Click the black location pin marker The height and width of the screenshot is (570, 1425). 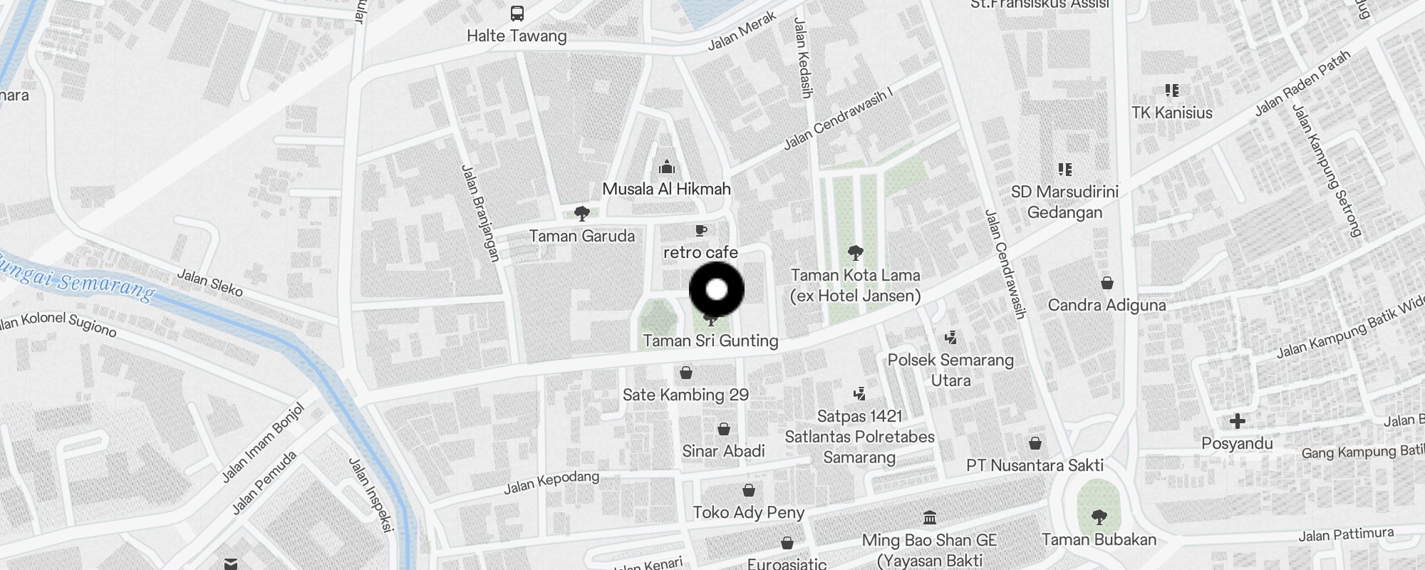coord(717,290)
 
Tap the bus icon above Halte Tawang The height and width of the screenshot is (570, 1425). coord(517,14)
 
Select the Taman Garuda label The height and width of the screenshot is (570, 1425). coord(581,236)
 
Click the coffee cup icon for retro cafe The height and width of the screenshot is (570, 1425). coord(701,230)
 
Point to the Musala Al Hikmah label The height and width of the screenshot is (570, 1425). coord(666,189)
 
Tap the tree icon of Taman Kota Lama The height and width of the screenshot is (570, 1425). coord(856,252)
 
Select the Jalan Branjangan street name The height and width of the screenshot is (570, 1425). coord(480,213)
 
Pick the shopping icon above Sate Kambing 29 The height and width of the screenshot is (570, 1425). coord(686,372)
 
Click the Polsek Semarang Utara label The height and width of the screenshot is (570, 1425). coord(950,370)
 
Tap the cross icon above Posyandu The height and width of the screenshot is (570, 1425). coord(1238,421)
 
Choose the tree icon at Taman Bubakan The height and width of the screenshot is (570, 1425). coord(1099,517)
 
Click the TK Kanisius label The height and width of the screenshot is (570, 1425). coord(1172,113)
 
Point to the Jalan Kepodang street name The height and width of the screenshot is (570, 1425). coord(551,482)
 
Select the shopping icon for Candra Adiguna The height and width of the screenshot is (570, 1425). coord(1107,283)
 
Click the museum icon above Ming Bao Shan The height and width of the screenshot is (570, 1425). coord(929,517)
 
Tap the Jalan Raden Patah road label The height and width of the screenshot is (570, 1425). coord(1302,83)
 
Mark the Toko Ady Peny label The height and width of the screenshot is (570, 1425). coord(748,512)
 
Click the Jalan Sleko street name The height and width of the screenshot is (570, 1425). coord(209,282)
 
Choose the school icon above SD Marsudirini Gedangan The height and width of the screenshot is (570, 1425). coord(1065,169)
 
